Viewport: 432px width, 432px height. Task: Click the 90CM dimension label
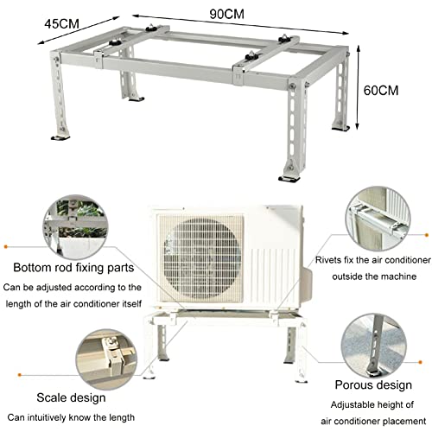(226, 14)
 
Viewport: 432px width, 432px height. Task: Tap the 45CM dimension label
(61, 23)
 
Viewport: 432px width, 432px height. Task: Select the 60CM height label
(381, 91)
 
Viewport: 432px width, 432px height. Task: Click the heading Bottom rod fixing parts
(73, 268)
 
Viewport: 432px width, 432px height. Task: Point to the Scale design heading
(71, 397)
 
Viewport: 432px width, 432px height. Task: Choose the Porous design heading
(373, 385)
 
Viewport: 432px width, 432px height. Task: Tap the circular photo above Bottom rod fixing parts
(75, 227)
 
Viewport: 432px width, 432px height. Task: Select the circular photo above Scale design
(106, 359)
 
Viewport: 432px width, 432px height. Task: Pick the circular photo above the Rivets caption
(378, 219)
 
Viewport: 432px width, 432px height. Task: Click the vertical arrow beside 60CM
(358, 86)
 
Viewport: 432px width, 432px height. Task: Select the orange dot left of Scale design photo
(20, 375)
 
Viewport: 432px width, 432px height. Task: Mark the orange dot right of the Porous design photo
(420, 362)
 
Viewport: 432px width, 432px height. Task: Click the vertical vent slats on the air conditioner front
(272, 276)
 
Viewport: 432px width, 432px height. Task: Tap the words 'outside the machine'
(374, 276)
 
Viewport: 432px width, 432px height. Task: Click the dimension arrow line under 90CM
(240, 24)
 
